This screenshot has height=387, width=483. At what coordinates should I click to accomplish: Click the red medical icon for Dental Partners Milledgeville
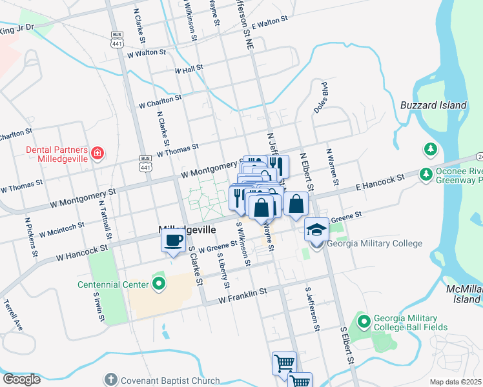click(98, 153)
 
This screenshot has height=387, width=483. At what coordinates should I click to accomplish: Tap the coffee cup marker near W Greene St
click(172, 241)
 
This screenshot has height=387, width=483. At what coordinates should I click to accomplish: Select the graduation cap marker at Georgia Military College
click(316, 230)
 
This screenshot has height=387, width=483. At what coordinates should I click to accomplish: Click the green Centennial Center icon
click(159, 284)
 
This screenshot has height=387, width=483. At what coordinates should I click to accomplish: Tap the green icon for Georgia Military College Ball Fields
click(364, 321)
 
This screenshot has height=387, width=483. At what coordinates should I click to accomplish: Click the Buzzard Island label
click(433, 105)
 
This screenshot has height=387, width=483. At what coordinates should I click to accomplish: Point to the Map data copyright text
click(456, 382)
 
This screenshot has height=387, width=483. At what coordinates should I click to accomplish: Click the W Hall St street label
click(189, 68)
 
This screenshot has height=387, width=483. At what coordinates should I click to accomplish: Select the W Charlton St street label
click(161, 101)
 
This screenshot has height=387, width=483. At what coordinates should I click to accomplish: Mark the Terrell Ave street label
click(13, 315)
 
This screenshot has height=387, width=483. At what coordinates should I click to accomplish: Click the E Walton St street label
click(270, 23)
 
